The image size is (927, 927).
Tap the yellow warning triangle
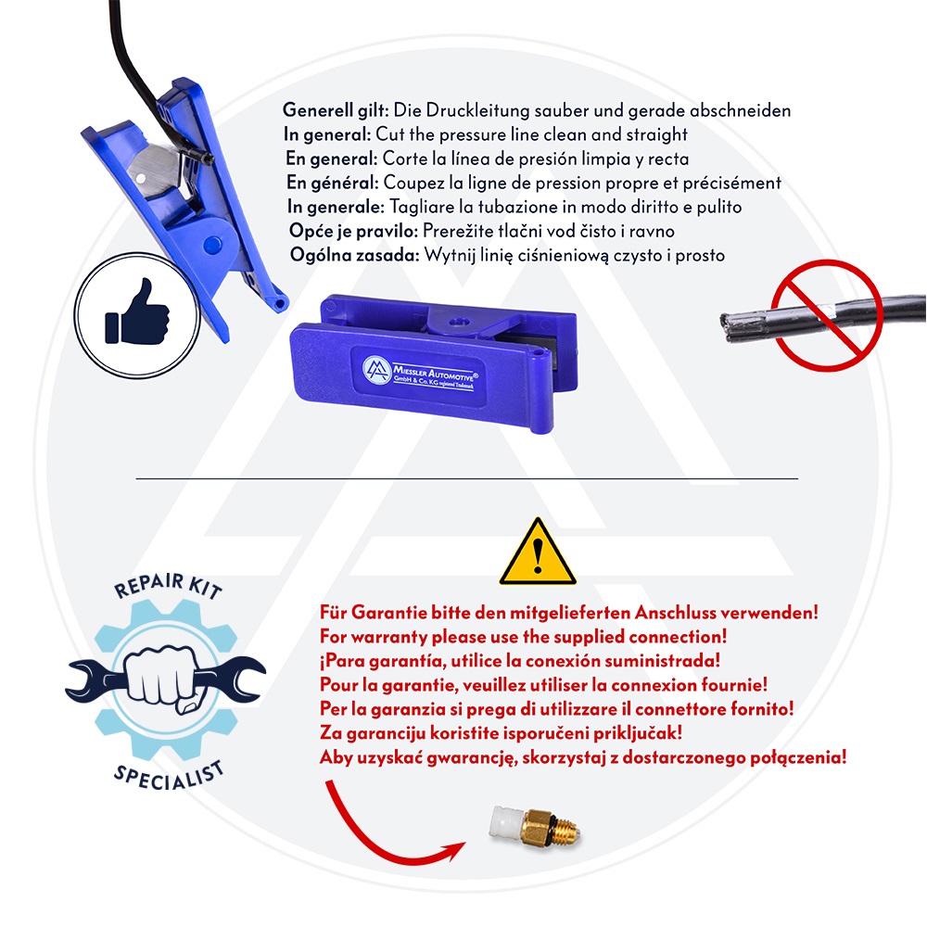538,552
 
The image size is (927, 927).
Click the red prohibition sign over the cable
827,315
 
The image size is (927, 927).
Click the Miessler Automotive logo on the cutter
376,371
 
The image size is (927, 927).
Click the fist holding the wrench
161,678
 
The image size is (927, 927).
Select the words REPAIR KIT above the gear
169,585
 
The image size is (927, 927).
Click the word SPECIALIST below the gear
169,776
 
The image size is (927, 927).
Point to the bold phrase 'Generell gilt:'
336,110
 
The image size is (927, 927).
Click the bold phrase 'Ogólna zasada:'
355,256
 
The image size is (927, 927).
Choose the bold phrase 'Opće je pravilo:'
353,231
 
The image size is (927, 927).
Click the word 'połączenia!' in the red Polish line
798,757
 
